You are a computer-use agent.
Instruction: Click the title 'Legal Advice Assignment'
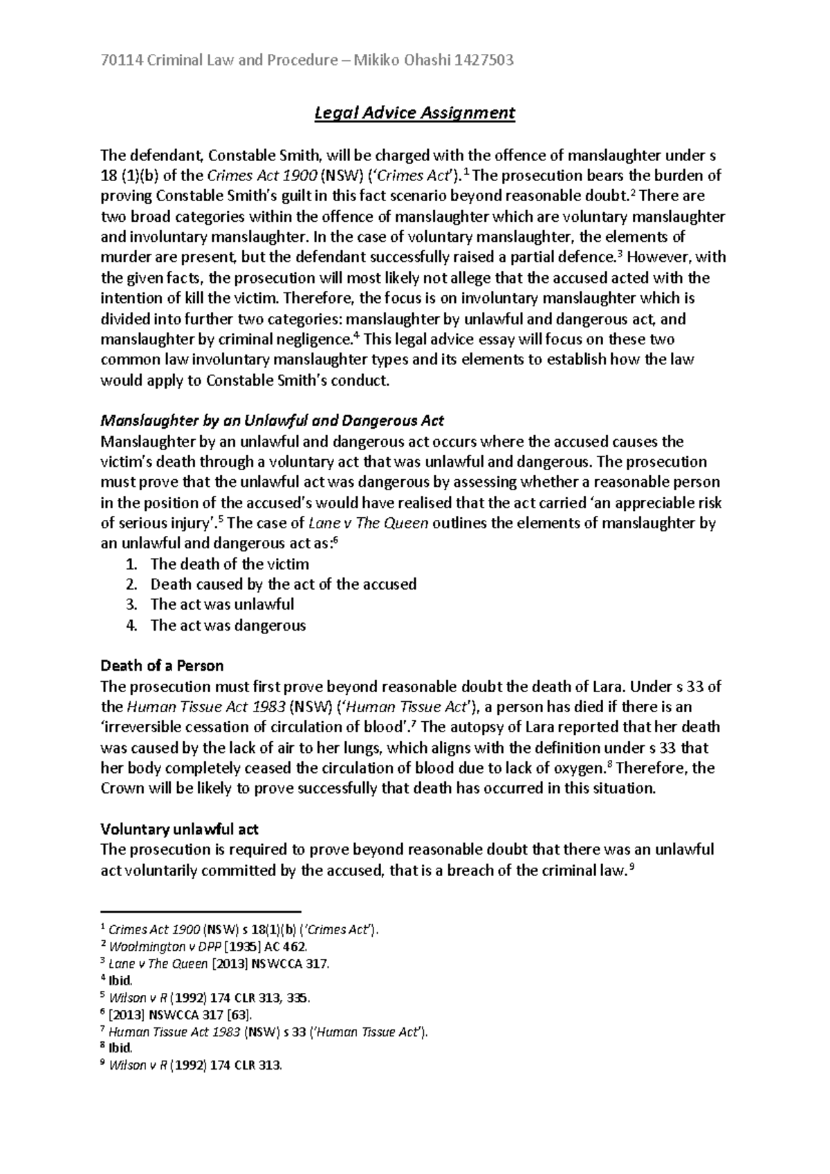(x=415, y=113)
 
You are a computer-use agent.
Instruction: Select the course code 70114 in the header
(x=118, y=60)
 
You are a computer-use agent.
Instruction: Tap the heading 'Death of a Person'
(x=162, y=666)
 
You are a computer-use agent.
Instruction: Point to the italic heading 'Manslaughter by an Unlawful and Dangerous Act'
(x=272, y=420)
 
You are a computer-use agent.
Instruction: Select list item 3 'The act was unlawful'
(x=222, y=604)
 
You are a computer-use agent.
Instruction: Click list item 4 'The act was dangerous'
(x=228, y=625)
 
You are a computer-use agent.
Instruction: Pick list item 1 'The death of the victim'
(x=230, y=563)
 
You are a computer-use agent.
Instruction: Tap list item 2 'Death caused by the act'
(x=283, y=584)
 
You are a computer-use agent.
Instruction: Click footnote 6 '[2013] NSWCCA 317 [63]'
(x=181, y=1015)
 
